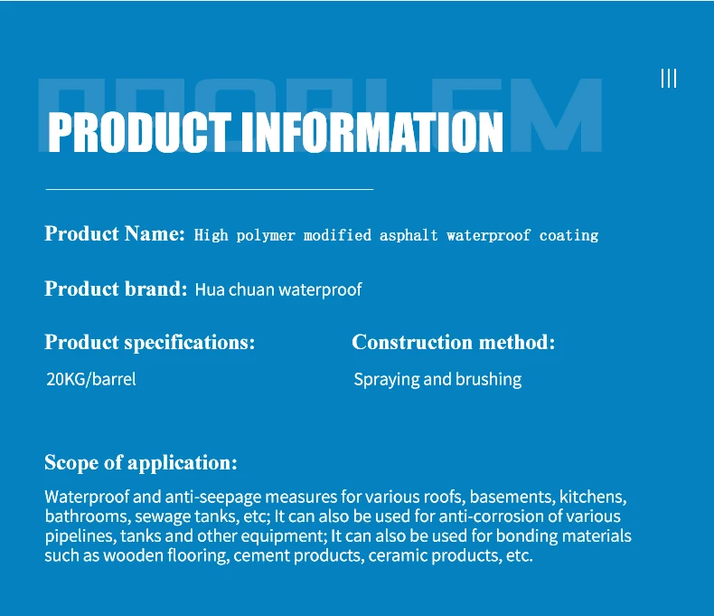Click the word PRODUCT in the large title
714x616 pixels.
(x=139, y=132)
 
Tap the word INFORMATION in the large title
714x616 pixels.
(x=372, y=132)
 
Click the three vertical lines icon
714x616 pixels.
(x=669, y=79)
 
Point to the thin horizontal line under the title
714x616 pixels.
(x=210, y=189)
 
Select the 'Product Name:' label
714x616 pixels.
(x=115, y=233)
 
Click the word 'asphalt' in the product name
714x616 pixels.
(x=409, y=235)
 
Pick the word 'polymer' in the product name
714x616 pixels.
(x=266, y=236)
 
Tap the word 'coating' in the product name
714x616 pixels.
(x=568, y=236)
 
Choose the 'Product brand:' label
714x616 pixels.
(x=116, y=289)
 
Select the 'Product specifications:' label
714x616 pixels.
(x=150, y=342)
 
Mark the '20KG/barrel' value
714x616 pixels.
(x=91, y=379)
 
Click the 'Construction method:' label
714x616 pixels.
(x=454, y=342)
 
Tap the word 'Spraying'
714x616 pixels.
(x=387, y=380)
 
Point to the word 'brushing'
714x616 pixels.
(x=489, y=379)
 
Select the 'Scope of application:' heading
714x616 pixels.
(x=141, y=462)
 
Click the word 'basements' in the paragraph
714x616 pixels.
(x=512, y=497)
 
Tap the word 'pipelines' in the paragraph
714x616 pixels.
(x=80, y=536)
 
